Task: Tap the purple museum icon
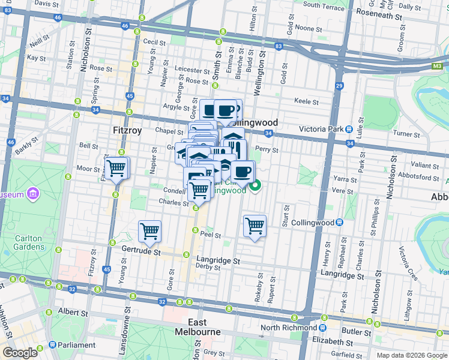tap(33, 194)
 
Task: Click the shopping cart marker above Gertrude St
tap(149, 231)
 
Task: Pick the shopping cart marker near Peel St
tap(255, 226)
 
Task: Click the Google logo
tap(20, 353)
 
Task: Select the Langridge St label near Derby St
tap(218, 261)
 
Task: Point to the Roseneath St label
tap(378, 12)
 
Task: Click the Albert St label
tap(73, 312)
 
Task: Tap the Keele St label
tap(306, 102)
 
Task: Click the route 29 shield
tap(339, 86)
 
